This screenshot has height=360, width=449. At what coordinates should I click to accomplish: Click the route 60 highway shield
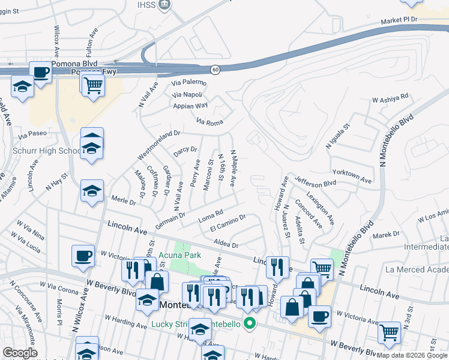[x=215, y=70]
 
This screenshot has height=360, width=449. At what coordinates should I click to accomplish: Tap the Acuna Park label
[x=184, y=255]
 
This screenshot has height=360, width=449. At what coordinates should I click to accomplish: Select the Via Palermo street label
[x=188, y=82]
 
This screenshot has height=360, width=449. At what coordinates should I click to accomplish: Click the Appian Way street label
[x=190, y=106]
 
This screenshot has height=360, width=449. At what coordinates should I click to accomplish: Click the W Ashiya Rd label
[x=390, y=97]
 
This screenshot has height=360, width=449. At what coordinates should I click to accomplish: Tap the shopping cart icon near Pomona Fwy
[x=93, y=85]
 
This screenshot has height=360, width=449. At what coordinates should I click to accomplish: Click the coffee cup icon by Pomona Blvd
[x=41, y=73]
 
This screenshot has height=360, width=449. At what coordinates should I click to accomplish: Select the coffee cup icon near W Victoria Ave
[x=83, y=256]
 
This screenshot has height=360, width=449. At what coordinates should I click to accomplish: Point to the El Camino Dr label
[x=228, y=223]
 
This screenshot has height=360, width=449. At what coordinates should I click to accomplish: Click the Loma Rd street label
[x=211, y=214]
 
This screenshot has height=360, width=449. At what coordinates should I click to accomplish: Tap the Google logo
[x=20, y=353]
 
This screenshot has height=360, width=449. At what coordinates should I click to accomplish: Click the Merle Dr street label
[x=124, y=200]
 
